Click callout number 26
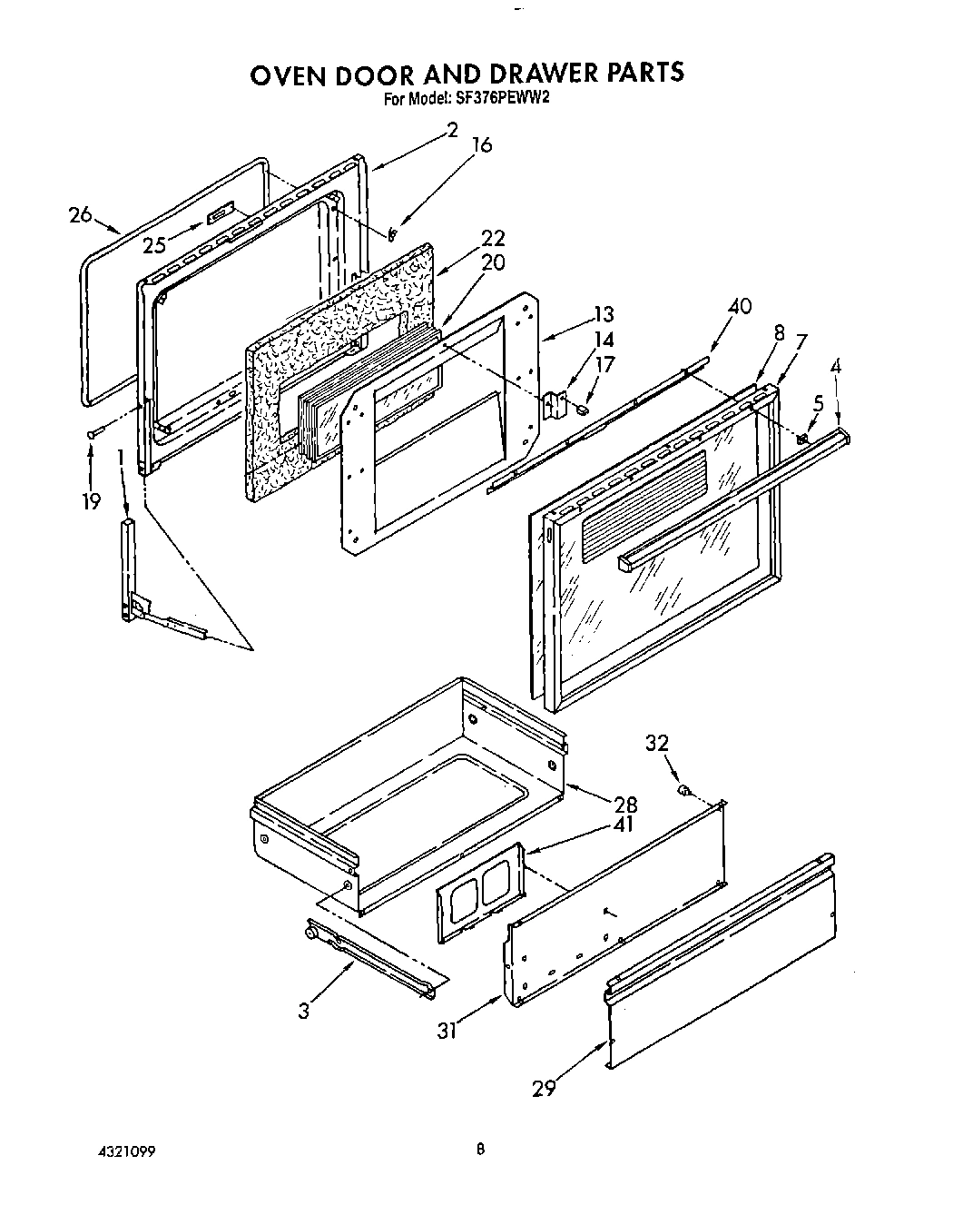[81, 215]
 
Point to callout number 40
[740, 306]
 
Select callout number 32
[656, 743]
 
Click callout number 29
[544, 1087]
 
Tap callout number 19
[91, 501]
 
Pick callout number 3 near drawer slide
[304, 1010]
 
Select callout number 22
[494, 239]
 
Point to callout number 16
[482, 145]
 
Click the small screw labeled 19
[93, 435]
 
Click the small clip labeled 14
[555, 404]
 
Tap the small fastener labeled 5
[802, 440]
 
